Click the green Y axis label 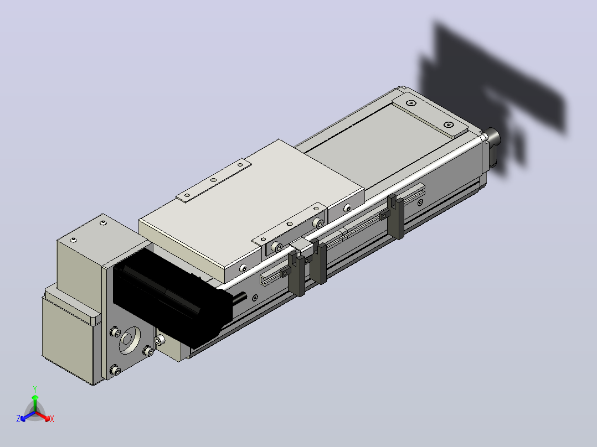[35, 389]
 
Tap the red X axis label [52, 419]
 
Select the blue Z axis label [18, 418]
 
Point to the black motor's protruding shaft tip [244, 296]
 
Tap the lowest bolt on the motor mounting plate [115, 370]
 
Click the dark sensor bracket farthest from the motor [397, 216]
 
